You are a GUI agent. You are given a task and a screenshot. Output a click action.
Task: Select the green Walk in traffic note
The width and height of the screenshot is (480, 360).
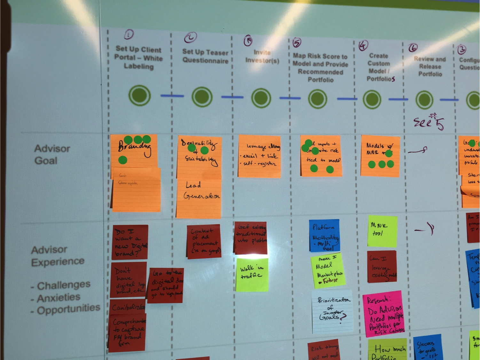coord(252,275)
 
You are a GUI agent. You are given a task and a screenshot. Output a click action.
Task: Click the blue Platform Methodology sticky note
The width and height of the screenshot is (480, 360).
coord(324,236)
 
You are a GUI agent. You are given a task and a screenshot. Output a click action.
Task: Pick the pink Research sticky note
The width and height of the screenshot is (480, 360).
coord(383,314)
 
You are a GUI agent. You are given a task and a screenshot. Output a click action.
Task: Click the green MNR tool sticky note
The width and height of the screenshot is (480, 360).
coord(382,231)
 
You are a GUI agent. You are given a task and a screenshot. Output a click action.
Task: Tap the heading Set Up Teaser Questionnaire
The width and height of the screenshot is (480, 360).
coord(205,56)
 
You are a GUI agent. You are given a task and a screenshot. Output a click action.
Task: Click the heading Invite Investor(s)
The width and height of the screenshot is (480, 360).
coord(262,56)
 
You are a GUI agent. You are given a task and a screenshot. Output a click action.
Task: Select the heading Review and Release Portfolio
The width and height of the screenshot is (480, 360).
coord(430,67)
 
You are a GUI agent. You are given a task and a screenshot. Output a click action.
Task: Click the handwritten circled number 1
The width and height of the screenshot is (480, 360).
coord(129,34)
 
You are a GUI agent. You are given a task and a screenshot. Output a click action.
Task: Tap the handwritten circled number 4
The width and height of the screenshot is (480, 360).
coord(363,46)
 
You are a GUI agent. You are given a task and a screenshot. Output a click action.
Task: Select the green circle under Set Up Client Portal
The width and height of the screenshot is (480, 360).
coord(139,95)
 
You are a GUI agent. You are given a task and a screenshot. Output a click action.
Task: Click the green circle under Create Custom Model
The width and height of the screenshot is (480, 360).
coord(372,99)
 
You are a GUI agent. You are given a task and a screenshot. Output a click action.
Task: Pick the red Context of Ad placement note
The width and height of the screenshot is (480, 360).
coord(204,241)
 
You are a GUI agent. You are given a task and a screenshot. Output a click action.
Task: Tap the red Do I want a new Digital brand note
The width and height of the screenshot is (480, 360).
coord(130,242)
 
